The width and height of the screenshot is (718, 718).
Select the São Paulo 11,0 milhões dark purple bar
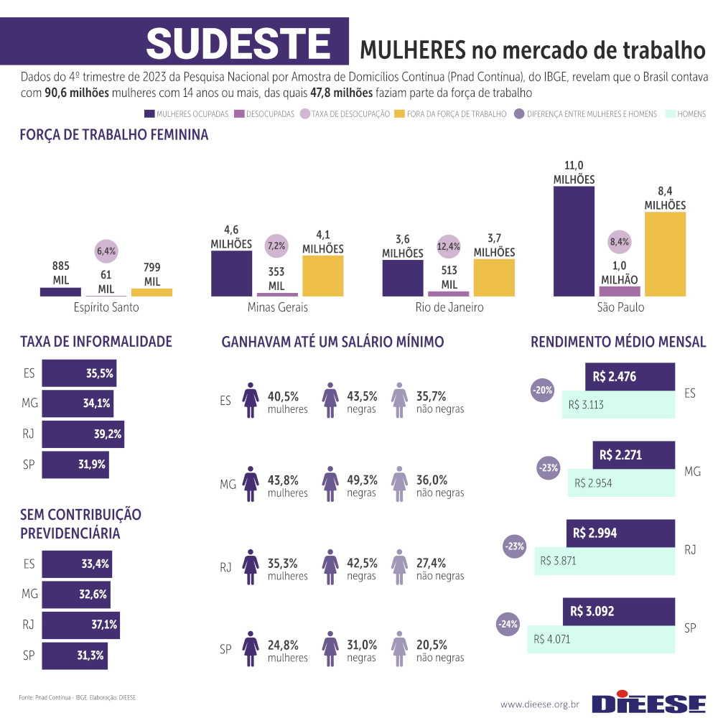[574, 241]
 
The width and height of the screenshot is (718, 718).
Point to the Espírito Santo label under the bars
[106, 307]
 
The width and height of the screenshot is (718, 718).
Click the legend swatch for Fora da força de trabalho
[399, 114]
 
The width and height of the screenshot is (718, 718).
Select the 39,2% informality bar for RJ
[83, 434]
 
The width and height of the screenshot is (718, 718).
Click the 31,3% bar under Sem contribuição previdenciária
[75, 655]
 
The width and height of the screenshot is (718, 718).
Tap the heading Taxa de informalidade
[95, 342]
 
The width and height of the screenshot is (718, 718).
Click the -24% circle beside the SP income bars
[508, 624]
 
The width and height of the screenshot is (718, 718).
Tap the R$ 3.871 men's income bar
[603, 561]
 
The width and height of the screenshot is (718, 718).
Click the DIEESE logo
[649, 702]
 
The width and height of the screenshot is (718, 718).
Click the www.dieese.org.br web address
[539, 704]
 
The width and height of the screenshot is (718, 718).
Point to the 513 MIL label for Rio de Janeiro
[449, 278]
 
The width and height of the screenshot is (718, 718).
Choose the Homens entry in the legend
[686, 114]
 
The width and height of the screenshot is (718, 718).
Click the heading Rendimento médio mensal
[617, 342]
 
